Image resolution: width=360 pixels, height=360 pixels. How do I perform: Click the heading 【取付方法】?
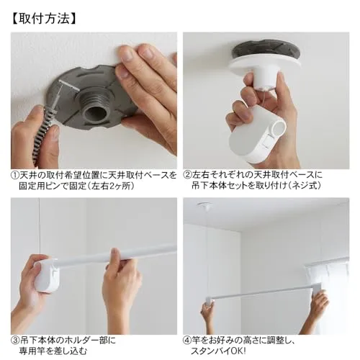tap(44, 19)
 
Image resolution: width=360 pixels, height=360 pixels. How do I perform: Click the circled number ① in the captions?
tap(15, 176)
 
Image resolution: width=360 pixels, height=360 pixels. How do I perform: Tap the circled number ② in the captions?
tap(188, 174)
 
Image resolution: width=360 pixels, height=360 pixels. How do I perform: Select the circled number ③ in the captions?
tap(15, 341)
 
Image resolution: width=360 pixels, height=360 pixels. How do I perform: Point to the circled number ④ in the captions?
tap(188, 341)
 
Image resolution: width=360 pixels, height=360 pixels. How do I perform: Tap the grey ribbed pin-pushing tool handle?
tap(44, 131)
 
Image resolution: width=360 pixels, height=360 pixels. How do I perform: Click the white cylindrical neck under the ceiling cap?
tap(265, 79)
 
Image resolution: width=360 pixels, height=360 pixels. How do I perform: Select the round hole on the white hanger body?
tap(279, 127)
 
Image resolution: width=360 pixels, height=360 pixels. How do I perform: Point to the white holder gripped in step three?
tap(46, 276)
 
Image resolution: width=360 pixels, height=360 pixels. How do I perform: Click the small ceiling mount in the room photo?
tap(204, 206)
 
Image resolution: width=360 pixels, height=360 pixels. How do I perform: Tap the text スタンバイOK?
tap(218, 351)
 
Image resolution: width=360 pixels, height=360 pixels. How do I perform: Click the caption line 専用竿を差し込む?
tap(53, 351)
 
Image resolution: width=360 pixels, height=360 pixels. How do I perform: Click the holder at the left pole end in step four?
tap(210, 301)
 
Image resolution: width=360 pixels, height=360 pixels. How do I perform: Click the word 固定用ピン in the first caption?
tap(40, 186)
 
